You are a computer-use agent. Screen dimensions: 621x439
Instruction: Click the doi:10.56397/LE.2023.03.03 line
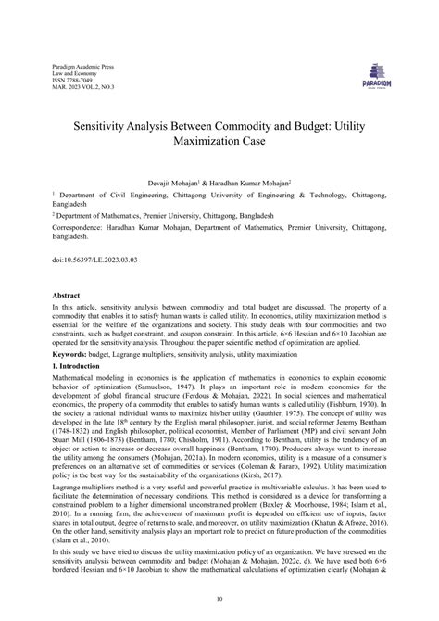tap(93, 260)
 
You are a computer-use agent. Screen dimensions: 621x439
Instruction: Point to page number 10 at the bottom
tap(219, 599)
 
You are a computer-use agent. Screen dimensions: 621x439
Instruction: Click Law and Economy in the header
tap(73, 75)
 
